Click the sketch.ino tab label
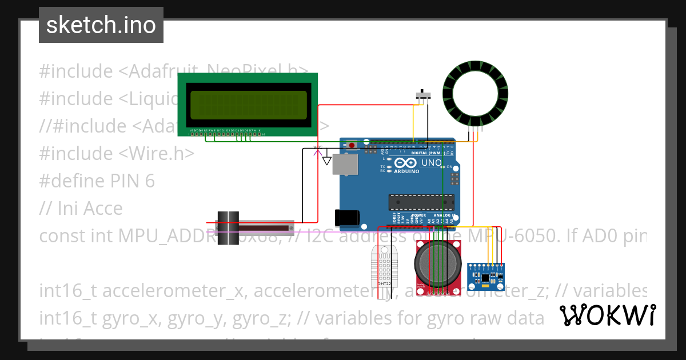[101, 25]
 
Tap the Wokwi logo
[607, 315]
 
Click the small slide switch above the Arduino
[422, 95]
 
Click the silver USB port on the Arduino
[345, 164]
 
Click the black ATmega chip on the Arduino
[421, 202]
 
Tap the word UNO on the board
[432, 163]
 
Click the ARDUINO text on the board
[406, 171]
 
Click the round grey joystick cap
[437, 263]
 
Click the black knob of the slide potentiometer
[228, 228]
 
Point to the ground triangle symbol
[327, 161]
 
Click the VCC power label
[318, 147]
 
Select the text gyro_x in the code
[127, 318]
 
